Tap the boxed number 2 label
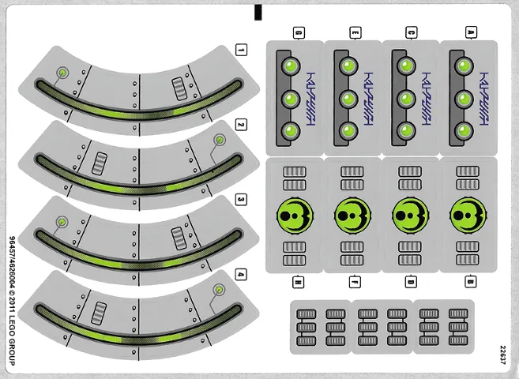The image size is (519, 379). pos(241,126)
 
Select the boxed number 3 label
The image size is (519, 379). pos(241,200)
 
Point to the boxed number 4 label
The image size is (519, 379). pos(241,275)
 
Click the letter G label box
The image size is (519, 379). pos(299,32)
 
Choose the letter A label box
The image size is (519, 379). pos(471,32)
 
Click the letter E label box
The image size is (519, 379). pos(355,32)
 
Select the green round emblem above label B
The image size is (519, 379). pos(466,215)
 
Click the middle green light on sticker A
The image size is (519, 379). pos(464,99)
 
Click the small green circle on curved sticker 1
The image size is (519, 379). pos(62,73)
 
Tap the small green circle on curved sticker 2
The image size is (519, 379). pos(218,141)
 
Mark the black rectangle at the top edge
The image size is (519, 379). pos(258,12)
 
